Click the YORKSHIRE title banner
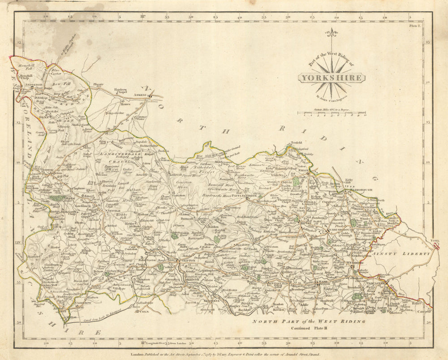332,78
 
